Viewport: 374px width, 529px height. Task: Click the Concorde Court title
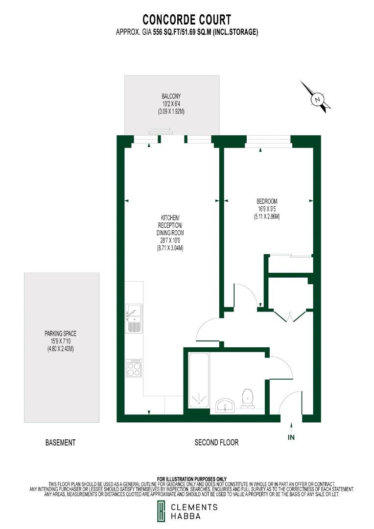tap(187, 20)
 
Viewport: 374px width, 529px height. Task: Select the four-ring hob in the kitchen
tap(134, 367)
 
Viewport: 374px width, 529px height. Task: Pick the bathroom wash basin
tap(226, 405)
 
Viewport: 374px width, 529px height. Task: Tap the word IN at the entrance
tap(291, 437)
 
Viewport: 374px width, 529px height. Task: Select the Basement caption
tap(60, 442)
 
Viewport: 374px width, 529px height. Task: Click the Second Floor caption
tap(216, 442)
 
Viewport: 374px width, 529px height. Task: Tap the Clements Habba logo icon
tap(161, 512)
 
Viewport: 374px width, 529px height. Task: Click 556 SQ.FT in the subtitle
tap(166, 32)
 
